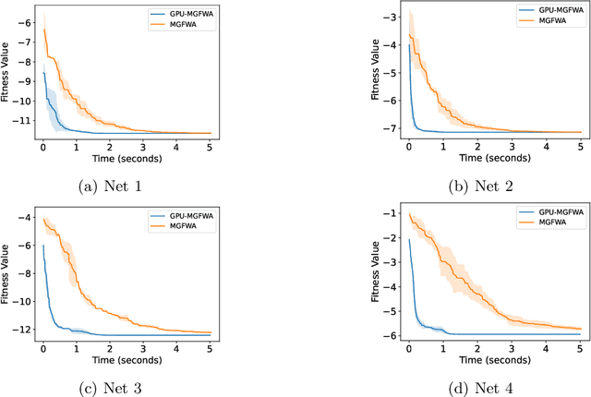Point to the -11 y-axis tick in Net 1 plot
pos(23,118)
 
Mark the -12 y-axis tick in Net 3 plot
pos(23,329)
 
